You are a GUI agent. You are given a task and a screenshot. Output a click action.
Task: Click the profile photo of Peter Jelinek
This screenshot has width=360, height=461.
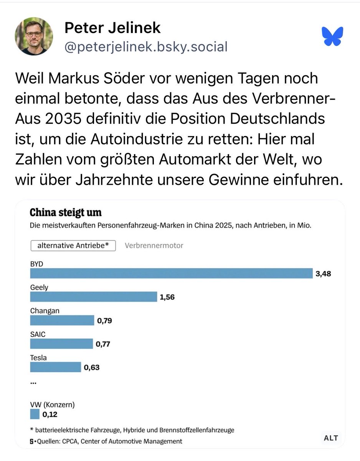(34, 36)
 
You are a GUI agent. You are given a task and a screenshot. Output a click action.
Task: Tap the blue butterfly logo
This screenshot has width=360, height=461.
(332, 36)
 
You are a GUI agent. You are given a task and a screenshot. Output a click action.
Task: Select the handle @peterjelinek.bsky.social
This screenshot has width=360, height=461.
(146, 47)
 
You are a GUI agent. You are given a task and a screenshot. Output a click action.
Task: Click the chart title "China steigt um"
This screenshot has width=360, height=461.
(66, 212)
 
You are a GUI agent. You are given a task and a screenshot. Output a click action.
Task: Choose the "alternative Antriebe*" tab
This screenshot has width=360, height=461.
(73, 245)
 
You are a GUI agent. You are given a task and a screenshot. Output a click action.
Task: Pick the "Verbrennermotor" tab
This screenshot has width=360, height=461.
(154, 245)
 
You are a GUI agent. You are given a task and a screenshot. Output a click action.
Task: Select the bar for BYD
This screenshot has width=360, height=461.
(172, 274)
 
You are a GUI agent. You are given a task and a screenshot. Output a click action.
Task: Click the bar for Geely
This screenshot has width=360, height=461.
(94, 297)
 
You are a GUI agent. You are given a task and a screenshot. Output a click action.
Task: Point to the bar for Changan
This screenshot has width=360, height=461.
(62, 320)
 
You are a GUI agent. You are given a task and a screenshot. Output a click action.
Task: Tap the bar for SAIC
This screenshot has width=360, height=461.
(61, 344)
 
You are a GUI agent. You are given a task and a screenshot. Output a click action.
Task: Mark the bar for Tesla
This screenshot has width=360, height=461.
(55, 367)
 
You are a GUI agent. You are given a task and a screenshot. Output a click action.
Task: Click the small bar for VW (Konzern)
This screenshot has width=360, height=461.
(35, 414)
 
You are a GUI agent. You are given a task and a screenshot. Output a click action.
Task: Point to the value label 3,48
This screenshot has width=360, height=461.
(323, 274)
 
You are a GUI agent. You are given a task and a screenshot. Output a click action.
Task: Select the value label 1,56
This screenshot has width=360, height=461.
(167, 297)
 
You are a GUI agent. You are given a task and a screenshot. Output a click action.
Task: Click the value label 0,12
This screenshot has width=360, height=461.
(50, 415)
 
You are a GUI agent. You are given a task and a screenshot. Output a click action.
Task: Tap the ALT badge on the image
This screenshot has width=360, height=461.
(331, 438)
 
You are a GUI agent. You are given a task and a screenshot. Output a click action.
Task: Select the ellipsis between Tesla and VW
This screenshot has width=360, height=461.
(33, 382)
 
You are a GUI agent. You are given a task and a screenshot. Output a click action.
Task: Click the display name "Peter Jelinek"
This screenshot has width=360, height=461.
(112, 28)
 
